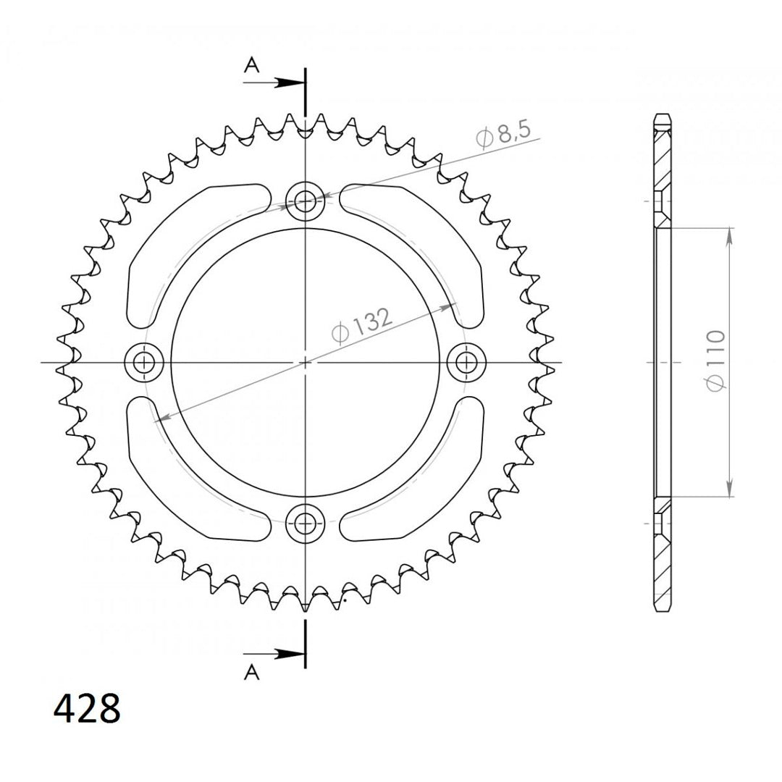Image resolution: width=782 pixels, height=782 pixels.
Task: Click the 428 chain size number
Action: (x=87, y=707)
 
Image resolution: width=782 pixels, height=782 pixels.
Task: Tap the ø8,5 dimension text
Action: (x=503, y=133)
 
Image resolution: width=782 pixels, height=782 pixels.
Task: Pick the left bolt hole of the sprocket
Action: (x=144, y=362)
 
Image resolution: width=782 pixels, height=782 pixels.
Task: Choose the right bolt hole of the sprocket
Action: (x=466, y=362)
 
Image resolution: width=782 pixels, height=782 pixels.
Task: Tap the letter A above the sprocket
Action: (x=252, y=65)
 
